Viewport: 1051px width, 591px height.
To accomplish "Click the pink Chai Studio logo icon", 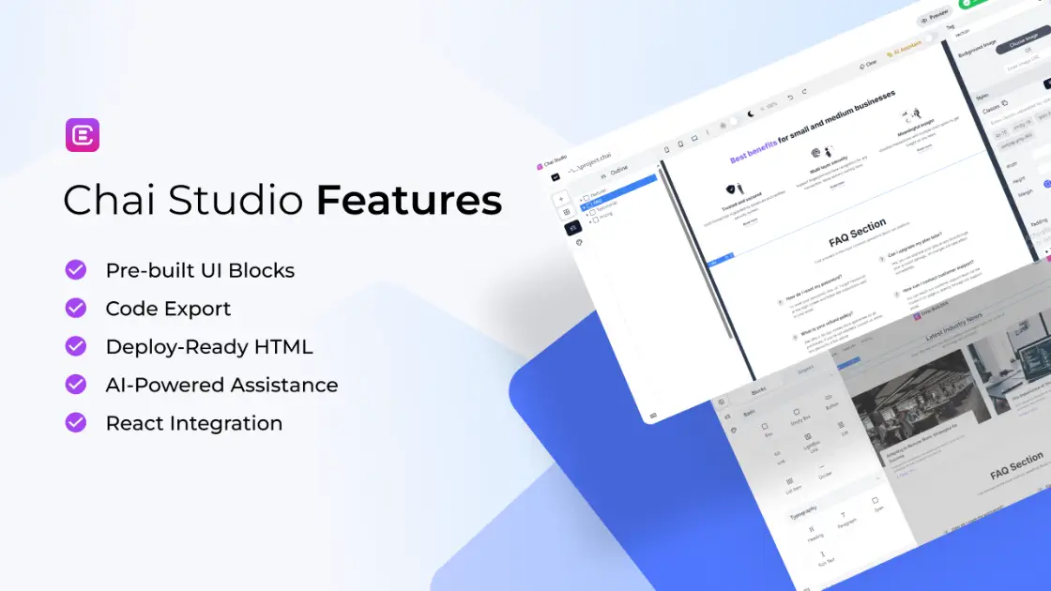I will pyautogui.click(x=83, y=135).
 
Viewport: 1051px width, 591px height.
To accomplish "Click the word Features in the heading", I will pyautogui.click(x=408, y=201).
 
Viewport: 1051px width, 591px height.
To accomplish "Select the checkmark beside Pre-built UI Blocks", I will pyautogui.click(x=76, y=270).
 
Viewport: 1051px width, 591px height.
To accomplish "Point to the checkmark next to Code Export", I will pyautogui.click(x=76, y=308).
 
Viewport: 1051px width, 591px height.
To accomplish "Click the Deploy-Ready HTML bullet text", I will pyautogui.click(x=208, y=346).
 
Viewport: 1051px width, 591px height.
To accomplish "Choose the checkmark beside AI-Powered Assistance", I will pyautogui.click(x=76, y=385).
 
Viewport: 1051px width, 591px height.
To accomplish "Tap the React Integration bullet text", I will pyautogui.click(x=193, y=423).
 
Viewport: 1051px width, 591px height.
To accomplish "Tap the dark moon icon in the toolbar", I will pyautogui.click(x=750, y=114).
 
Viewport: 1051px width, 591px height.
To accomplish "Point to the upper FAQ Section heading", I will pyautogui.click(x=857, y=231).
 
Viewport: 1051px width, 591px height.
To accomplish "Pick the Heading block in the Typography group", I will pyautogui.click(x=815, y=537).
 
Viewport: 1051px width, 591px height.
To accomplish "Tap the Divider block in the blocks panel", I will pyautogui.click(x=825, y=475).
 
